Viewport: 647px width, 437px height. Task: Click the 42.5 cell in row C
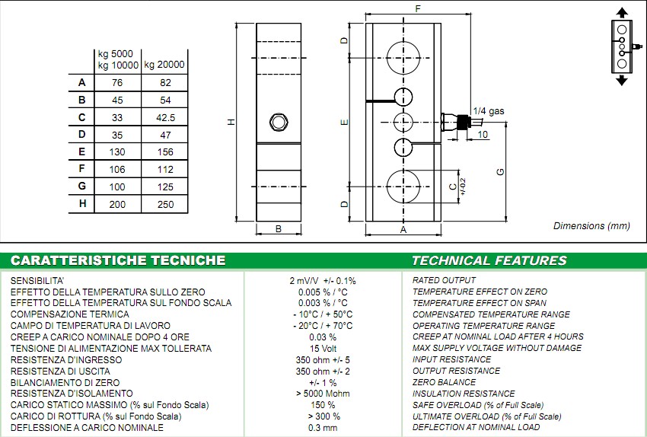(165, 117)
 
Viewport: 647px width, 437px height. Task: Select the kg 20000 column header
(164, 65)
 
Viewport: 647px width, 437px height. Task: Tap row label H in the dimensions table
(81, 204)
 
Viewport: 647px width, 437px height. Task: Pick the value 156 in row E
(164, 152)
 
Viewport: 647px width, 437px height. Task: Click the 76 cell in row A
(117, 83)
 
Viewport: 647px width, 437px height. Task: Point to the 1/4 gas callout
(488, 111)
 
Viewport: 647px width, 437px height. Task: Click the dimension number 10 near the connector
(483, 135)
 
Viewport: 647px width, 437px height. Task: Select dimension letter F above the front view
(419, 9)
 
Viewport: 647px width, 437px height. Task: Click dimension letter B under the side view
(279, 228)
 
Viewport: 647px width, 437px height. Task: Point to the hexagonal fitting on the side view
(279, 121)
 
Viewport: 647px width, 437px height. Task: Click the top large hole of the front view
(403, 58)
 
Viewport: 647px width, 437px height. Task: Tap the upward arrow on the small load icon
(622, 13)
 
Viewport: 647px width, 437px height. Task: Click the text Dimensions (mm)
(591, 226)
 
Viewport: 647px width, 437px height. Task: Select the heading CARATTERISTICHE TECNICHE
(118, 260)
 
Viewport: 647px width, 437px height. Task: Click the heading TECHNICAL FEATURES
(489, 260)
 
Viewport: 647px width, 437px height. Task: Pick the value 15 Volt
(323, 349)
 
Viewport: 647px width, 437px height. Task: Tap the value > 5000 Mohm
(323, 394)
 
